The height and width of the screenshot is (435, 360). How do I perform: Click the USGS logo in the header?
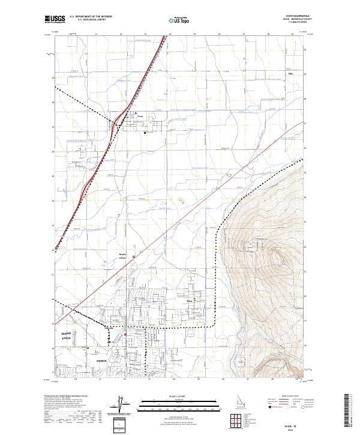pyautogui.click(x=54, y=19)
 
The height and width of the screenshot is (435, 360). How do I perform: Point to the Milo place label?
pyautogui.click(x=282, y=74)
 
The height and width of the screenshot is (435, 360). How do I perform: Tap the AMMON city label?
pyautogui.click(x=85, y=361)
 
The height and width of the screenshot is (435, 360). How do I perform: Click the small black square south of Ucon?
pyautogui.click(x=145, y=133)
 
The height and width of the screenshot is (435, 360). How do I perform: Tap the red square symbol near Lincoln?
pyautogui.click(x=124, y=335)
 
